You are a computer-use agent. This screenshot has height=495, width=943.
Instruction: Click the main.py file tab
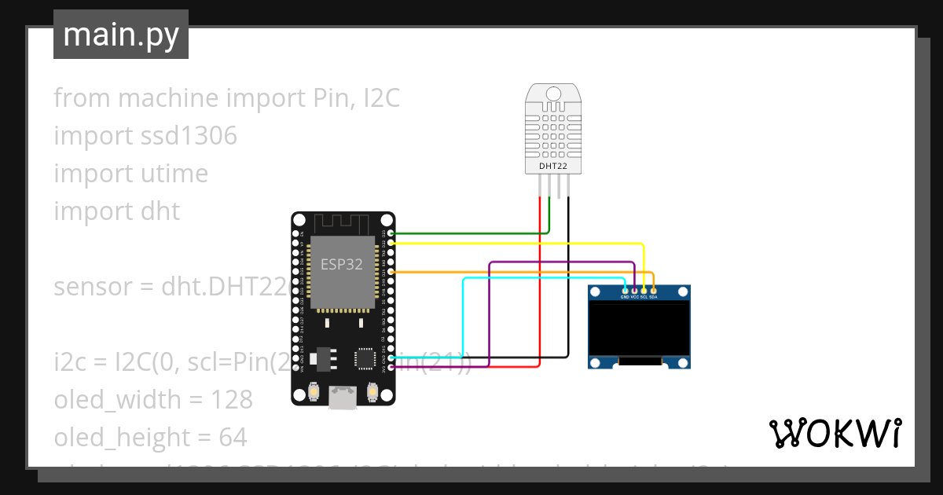(x=120, y=35)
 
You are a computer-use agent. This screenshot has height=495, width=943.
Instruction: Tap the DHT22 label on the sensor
(x=553, y=167)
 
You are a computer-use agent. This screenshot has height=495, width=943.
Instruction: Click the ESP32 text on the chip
(x=341, y=264)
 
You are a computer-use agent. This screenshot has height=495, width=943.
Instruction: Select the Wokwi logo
(x=835, y=433)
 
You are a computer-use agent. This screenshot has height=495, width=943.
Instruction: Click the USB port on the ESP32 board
(x=342, y=398)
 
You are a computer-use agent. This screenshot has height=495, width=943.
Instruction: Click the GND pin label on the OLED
(x=625, y=297)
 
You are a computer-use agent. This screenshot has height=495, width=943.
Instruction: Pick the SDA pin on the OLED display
(x=653, y=291)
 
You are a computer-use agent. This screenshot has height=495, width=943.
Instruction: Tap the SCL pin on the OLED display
(x=644, y=291)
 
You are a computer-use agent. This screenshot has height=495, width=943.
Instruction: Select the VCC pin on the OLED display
(x=634, y=291)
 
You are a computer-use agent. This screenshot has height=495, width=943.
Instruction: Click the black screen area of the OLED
(x=639, y=330)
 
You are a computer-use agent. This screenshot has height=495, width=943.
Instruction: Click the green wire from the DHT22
(x=472, y=233)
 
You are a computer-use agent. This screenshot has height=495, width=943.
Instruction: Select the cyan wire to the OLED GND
(x=463, y=314)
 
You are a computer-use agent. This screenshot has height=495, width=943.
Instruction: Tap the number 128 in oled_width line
(x=232, y=400)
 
